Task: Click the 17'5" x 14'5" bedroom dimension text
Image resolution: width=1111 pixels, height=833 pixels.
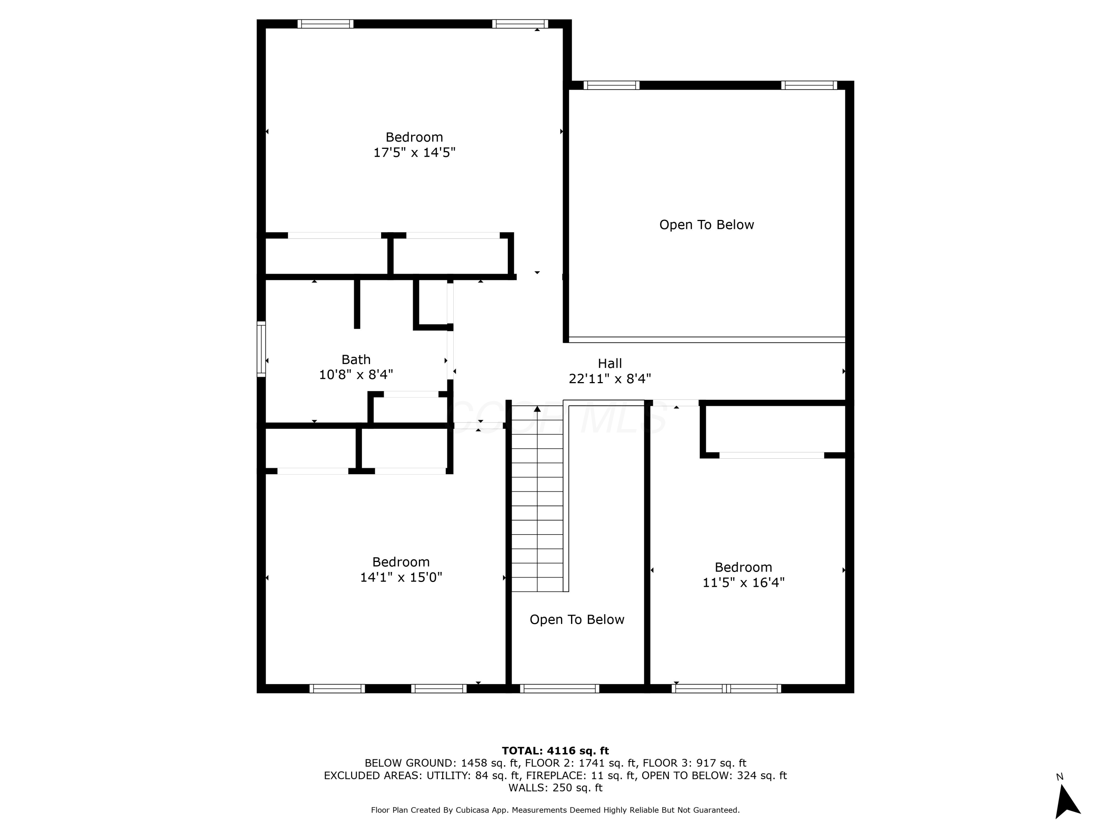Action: [x=414, y=153]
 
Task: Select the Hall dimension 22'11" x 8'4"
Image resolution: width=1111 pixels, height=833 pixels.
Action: [x=609, y=379]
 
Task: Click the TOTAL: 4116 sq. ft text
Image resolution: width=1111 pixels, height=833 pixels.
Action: [x=555, y=751]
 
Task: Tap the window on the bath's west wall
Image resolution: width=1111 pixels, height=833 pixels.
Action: [x=261, y=349]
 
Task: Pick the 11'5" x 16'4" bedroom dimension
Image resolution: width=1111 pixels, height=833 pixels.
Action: [x=743, y=582]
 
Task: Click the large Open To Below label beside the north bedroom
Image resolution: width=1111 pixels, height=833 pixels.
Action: [x=706, y=225]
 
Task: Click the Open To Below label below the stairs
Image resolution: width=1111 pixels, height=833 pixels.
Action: [x=577, y=620]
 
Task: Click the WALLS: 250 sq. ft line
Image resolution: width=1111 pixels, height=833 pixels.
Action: [x=555, y=788]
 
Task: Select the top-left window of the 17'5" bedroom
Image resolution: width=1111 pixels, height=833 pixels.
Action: [x=326, y=24]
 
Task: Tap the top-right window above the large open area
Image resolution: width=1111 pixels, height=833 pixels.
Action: [x=809, y=86]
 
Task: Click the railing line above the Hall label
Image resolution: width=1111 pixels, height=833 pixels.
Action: [x=706, y=340]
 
